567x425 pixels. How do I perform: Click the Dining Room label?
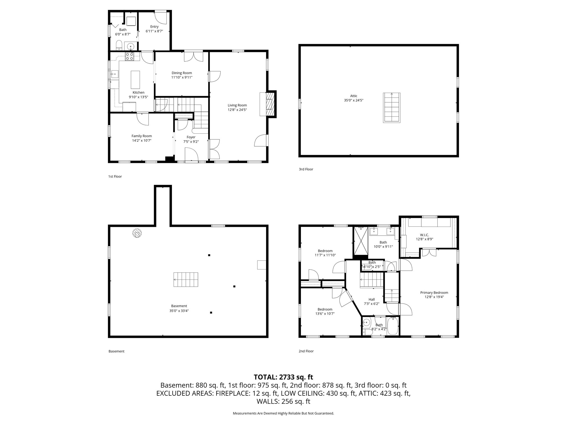tap(182, 73)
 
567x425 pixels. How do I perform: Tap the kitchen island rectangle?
tap(135, 79)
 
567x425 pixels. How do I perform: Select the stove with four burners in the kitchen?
tap(129, 56)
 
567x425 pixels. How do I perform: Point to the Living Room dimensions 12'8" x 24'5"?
tap(237, 110)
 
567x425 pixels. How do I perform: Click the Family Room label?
tap(141, 136)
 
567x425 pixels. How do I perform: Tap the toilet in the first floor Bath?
tap(119, 45)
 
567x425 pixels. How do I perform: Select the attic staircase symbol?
tap(391, 108)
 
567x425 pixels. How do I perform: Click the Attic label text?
tap(354, 96)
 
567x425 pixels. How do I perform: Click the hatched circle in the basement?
tap(137, 233)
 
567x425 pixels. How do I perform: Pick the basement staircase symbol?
tap(186, 279)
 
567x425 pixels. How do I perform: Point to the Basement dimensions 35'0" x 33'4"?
tap(179, 310)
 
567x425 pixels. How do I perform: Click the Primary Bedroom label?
tap(434, 292)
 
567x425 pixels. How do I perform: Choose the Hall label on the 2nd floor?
tap(372, 299)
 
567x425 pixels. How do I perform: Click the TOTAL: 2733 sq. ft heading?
tap(283, 377)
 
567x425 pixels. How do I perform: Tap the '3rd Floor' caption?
tap(306, 169)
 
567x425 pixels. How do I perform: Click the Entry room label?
tap(154, 27)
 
